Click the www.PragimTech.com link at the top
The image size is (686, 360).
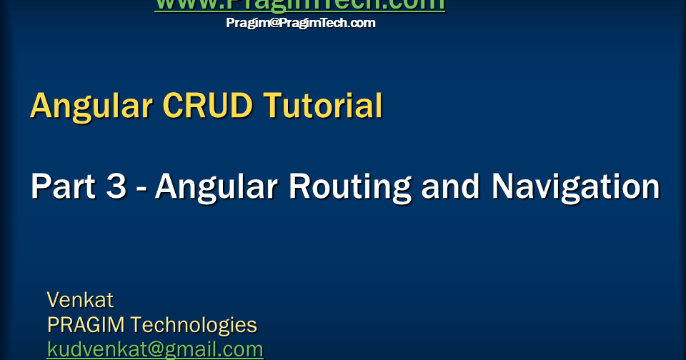(299, 5)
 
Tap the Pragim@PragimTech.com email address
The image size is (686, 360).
(301, 23)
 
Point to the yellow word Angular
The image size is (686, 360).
(91, 106)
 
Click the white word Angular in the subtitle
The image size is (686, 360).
(217, 186)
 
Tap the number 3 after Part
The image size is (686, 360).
(116, 186)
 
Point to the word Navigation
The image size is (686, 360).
(575, 186)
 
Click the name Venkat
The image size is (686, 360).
(80, 299)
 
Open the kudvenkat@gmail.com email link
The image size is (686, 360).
(155, 349)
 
